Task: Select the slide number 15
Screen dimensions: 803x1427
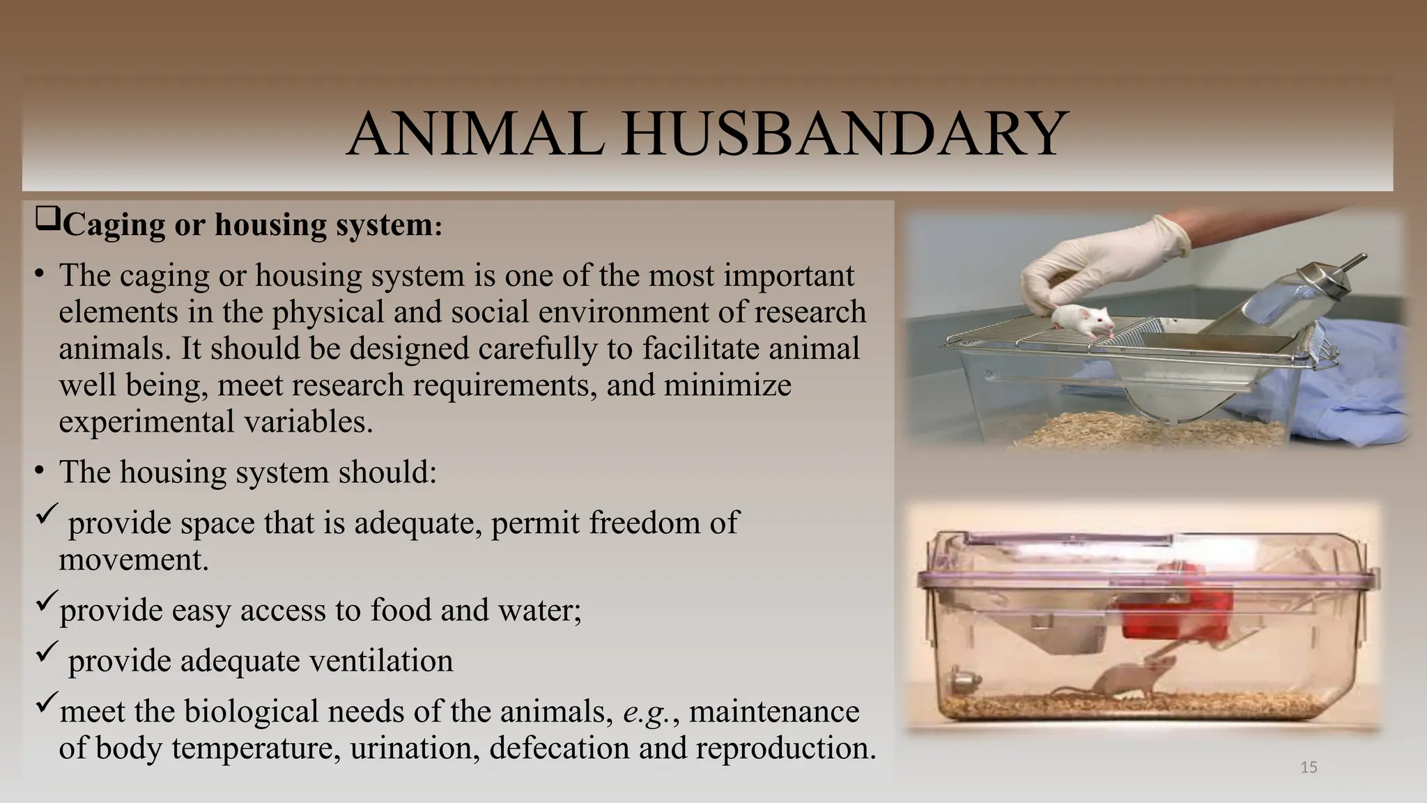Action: tap(1309, 767)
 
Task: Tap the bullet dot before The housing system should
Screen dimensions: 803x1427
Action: tap(40, 471)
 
